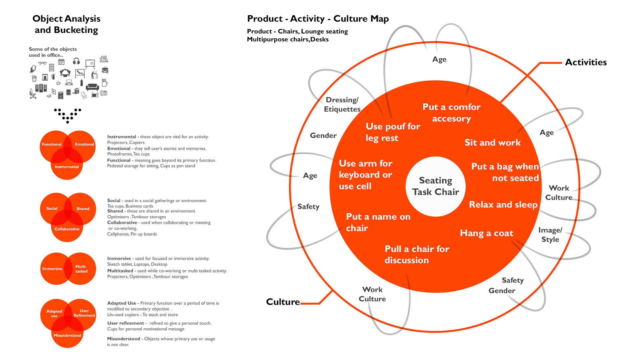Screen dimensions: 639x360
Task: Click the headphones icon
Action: coord(76,61)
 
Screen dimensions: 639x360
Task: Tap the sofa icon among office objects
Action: coord(92,87)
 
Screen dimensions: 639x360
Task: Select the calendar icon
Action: coord(61,62)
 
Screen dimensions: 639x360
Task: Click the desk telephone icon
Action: coord(104,93)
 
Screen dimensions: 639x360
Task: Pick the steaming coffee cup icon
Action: coord(58,82)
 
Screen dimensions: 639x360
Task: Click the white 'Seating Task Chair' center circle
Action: coord(435,186)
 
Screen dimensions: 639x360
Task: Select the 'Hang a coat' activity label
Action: coord(487,233)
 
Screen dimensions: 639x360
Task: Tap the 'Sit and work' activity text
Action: coord(493,143)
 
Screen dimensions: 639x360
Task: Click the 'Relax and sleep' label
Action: coord(503,205)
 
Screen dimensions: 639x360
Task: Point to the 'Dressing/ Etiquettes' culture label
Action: coord(342,105)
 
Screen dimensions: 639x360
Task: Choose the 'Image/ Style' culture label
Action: coord(550,235)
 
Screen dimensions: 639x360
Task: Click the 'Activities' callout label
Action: coord(586,62)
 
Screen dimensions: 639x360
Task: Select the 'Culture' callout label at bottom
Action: coord(283,302)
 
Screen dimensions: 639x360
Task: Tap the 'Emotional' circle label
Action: coord(85,144)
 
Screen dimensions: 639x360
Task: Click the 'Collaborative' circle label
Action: coord(67,229)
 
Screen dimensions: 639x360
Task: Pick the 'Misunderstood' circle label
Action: coord(67,335)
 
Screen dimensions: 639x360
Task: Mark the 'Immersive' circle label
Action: coord(52,269)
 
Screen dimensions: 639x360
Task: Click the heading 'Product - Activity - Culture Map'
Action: coord(318,19)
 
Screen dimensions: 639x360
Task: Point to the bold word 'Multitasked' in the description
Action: coord(120,271)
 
